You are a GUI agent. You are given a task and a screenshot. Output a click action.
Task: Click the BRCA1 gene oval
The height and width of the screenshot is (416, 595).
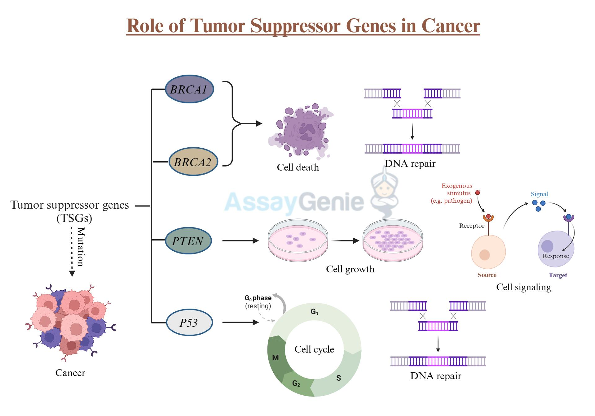pyautogui.click(x=189, y=89)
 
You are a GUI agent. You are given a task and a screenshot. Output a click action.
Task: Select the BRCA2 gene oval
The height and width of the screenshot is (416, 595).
pyautogui.click(x=193, y=162)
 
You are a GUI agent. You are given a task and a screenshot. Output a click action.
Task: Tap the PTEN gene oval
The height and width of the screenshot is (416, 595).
pyautogui.click(x=188, y=241)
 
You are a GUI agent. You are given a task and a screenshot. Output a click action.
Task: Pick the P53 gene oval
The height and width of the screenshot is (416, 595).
pyautogui.click(x=189, y=323)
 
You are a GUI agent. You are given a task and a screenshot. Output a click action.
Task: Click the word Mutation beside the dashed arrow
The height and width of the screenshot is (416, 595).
pyautogui.click(x=81, y=247)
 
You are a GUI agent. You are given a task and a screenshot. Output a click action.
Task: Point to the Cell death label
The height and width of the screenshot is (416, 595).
pyautogui.click(x=297, y=167)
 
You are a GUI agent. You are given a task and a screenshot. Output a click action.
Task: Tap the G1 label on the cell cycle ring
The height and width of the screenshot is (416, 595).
pyautogui.click(x=314, y=312)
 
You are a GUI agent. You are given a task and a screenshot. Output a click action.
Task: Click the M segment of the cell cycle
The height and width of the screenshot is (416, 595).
pyautogui.click(x=275, y=358)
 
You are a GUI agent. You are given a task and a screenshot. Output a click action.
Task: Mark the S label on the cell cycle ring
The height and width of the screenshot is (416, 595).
pyautogui.click(x=338, y=378)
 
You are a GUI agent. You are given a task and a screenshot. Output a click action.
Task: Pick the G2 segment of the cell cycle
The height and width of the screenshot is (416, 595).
pyautogui.click(x=296, y=384)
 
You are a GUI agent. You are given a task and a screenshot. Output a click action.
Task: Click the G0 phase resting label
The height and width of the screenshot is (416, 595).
pyautogui.click(x=258, y=302)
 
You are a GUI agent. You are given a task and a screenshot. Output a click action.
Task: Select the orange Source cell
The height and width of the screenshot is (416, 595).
pyautogui.click(x=488, y=252)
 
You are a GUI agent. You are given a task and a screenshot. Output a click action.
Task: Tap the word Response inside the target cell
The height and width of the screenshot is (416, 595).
pyautogui.click(x=555, y=256)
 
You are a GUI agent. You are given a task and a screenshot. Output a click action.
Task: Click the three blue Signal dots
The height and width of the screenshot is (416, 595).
pyautogui.click(x=539, y=205)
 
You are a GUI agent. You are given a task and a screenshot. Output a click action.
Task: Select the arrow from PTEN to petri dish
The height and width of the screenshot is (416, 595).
pyautogui.click(x=240, y=240)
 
